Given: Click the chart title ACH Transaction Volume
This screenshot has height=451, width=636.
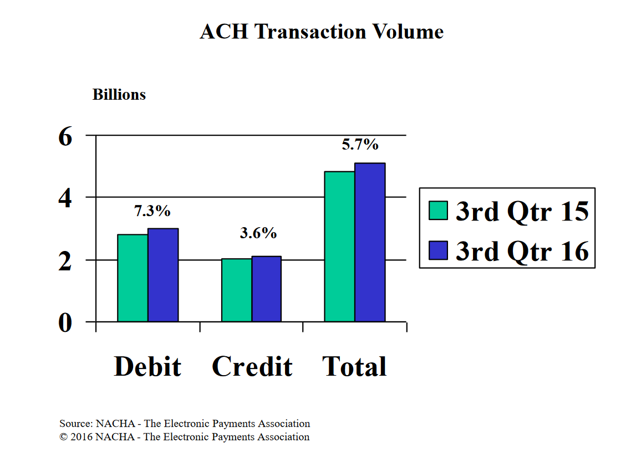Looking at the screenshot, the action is coord(322,32).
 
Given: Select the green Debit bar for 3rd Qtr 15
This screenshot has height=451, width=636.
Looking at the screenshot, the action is coord(133,278).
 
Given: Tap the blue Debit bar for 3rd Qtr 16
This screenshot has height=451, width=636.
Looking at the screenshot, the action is coord(163,275).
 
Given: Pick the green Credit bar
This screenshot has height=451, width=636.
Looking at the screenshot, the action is coord(236,290).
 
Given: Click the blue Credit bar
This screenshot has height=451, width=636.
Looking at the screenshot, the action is coord(267,289).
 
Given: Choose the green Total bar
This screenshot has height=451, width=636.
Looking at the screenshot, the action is coord(339,247).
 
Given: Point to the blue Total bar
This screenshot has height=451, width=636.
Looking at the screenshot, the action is coord(370,242).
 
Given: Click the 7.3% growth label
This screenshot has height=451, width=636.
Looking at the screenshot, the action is coord(152,211).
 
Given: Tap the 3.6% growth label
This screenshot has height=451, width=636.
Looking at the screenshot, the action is coord(258,233).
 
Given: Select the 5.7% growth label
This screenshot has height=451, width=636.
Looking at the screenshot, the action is coord(360,144).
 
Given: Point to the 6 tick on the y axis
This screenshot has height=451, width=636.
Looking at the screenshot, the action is coord(65,136).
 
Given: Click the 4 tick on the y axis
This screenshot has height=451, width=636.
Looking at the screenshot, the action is coord(65,198).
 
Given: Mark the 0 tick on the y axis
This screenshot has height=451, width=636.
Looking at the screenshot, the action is coord(65,323).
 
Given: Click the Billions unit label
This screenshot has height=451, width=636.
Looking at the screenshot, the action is coord(119,94).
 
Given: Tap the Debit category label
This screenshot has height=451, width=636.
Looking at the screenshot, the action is coord(147,366).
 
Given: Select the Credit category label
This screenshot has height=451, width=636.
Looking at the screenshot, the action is coord(252,366).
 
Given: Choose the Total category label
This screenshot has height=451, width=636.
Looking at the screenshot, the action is coord(354,366).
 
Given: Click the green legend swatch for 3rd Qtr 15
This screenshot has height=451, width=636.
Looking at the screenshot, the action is coord(438,211).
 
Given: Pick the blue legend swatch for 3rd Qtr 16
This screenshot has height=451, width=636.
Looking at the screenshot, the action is coord(438,250).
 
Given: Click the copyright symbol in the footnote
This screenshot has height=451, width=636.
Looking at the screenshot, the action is coord(63,437).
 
